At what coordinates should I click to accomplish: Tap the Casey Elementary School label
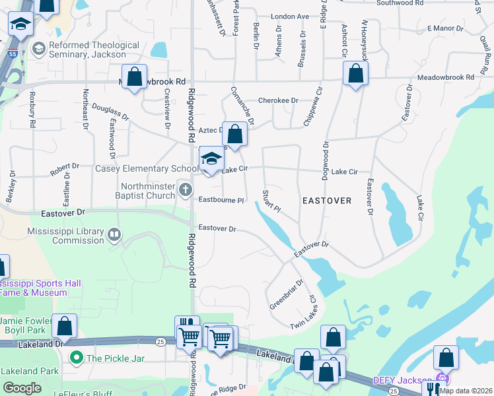tap(147, 169)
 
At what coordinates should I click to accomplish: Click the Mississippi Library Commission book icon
tap(114, 234)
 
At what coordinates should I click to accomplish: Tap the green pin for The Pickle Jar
tap(77, 358)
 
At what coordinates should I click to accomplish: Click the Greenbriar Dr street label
tap(286, 294)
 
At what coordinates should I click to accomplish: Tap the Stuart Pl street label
tap(271, 201)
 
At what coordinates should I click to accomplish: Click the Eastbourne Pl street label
tap(222, 200)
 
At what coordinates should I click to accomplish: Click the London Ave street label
tap(290, 16)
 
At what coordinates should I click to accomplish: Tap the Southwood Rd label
tap(400, 3)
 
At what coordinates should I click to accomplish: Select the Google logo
tap(22, 388)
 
